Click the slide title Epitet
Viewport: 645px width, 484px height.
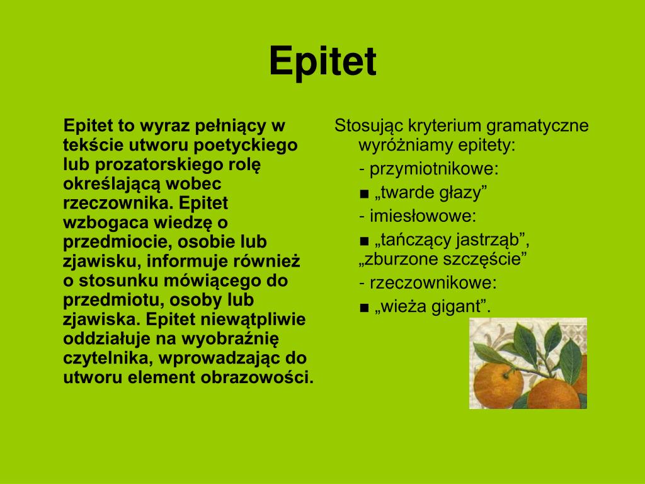click(322, 62)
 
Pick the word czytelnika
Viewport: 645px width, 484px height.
click(108, 359)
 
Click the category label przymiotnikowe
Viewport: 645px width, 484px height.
click(434, 170)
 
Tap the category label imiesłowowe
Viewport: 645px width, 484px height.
click(423, 216)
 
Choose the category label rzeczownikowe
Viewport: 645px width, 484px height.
click(433, 282)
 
